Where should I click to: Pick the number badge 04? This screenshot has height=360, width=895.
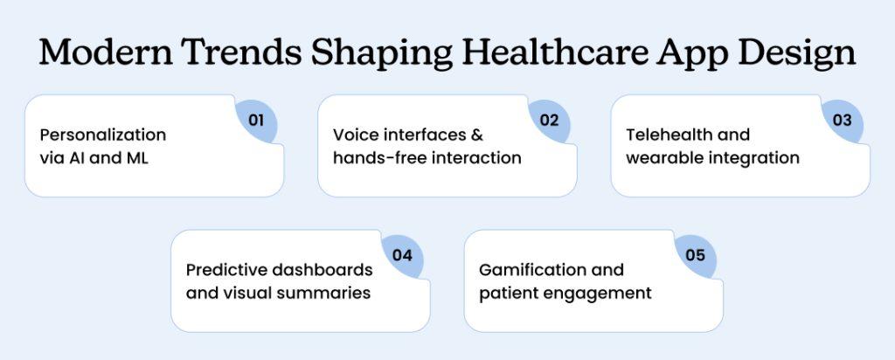[x=402, y=255]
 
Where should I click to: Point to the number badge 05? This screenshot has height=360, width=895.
[x=695, y=255]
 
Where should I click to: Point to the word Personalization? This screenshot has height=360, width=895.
[x=103, y=135]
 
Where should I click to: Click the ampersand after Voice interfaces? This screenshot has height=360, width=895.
[x=477, y=135]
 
